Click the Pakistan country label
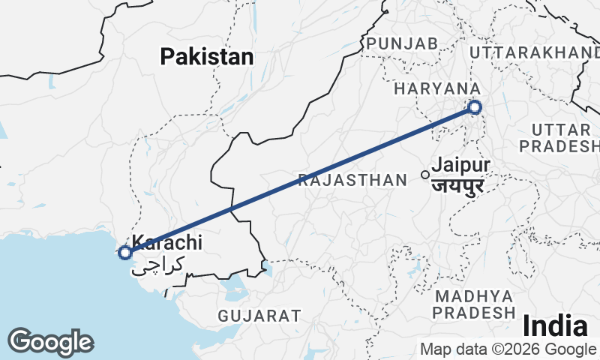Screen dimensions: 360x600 pos(207,56)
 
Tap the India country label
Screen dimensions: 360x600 pos(555,326)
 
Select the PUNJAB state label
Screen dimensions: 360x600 pos(402,44)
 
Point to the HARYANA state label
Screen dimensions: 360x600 pos(436,88)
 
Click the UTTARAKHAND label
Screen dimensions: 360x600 pos(534,52)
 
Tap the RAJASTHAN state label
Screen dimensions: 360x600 pos(351,180)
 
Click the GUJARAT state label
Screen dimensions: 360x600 pos(259,316)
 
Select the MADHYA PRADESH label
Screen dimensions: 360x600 pos(475,303)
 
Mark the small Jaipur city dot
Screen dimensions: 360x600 pos(425,175)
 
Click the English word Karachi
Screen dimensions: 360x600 pos(167,242)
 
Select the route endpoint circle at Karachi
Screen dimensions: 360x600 pos(124,253)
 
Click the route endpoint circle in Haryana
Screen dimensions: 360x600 pos(475,107)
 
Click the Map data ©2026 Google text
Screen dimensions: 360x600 pos(508,349)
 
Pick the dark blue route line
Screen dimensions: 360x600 pos(300,180)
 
